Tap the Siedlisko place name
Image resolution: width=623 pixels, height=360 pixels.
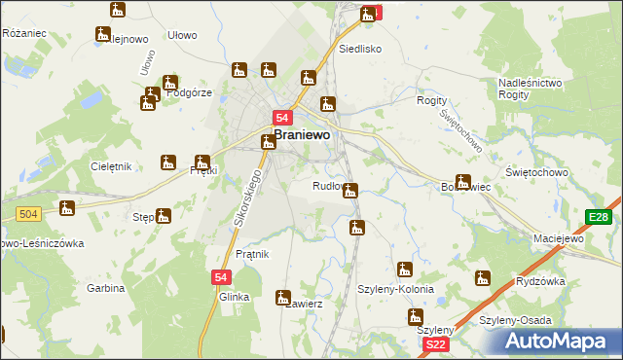(x=358, y=48)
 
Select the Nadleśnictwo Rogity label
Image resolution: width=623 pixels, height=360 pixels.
(x=531, y=90)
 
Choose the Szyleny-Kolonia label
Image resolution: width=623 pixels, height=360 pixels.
(x=395, y=290)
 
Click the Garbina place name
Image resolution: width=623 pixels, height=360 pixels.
(x=105, y=288)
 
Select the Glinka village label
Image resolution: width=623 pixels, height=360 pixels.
(x=235, y=297)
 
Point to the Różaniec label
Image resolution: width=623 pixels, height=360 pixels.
(x=25, y=33)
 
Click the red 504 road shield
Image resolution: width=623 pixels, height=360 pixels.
(x=27, y=213)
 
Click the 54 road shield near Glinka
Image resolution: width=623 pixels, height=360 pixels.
(x=220, y=277)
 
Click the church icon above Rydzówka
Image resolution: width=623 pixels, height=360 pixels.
(x=482, y=278)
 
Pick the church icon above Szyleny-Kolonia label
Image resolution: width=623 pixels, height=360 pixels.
(x=404, y=269)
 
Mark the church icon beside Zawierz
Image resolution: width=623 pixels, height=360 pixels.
(x=283, y=297)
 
